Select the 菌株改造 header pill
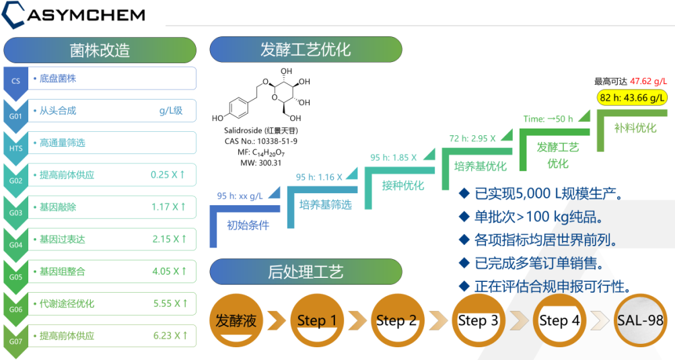click(x=100, y=50)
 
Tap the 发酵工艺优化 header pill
click(x=306, y=50)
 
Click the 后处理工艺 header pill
click(x=306, y=272)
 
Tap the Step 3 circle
click(x=478, y=320)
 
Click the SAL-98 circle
click(x=640, y=320)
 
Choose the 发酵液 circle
click(x=236, y=320)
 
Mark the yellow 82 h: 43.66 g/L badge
click(x=632, y=98)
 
